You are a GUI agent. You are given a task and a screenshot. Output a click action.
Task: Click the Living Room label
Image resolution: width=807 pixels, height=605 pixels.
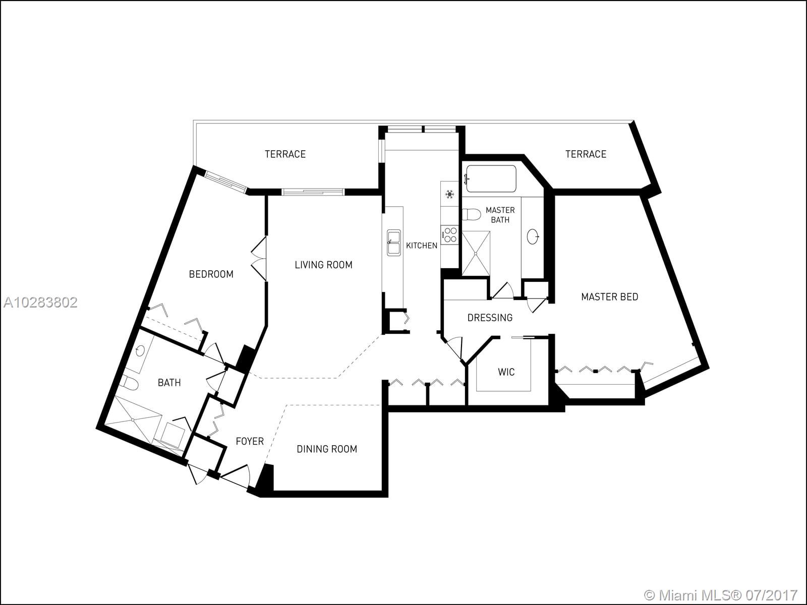[x=323, y=265]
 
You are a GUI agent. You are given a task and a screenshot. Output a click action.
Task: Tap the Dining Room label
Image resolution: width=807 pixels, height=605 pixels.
[x=327, y=449]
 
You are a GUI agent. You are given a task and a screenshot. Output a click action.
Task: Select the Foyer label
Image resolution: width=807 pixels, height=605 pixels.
[x=250, y=441]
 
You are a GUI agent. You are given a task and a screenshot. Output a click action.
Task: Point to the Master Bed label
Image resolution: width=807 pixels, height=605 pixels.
[x=610, y=297]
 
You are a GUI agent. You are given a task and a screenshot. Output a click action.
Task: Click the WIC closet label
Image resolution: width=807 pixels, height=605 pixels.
[x=506, y=372]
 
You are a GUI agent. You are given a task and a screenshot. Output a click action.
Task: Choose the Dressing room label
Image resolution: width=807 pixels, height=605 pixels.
[x=490, y=318]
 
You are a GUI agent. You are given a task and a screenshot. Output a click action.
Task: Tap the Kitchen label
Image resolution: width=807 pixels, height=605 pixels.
[x=422, y=246]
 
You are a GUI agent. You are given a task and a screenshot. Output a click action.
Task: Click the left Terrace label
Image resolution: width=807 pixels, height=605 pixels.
[x=285, y=154]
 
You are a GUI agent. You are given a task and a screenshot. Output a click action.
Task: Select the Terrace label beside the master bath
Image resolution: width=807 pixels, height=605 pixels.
[x=586, y=154]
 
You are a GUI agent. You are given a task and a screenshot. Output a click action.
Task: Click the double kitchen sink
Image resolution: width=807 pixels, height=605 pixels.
[x=394, y=243]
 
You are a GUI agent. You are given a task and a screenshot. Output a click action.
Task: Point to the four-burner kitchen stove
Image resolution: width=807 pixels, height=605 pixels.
[x=449, y=235]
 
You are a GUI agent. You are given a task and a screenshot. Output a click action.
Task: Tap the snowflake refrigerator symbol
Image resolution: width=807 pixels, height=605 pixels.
[x=449, y=194]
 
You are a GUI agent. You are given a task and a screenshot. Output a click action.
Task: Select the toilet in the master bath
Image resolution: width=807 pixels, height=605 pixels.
[x=471, y=214]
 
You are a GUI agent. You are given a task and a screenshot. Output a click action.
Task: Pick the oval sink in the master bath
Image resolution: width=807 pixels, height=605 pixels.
[x=532, y=236]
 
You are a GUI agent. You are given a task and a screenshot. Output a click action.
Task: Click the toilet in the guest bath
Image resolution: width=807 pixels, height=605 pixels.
[x=130, y=383]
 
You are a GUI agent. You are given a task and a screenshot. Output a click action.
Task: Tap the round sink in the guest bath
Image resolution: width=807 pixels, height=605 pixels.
[x=140, y=351]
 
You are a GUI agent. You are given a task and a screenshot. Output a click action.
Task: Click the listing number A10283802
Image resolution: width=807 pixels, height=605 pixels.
[x=40, y=302]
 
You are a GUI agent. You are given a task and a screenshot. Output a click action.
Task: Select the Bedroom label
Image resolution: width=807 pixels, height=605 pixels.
[x=211, y=274]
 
